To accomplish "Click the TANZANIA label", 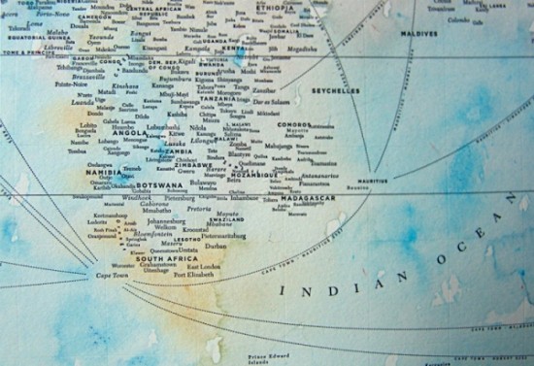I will click(x=219, y=99).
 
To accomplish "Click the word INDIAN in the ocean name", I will click(x=312, y=290).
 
